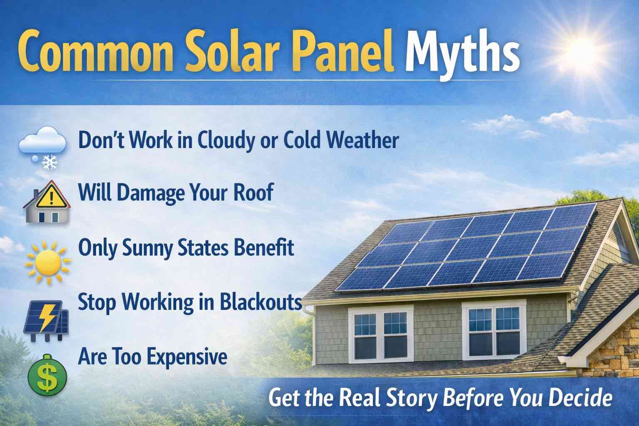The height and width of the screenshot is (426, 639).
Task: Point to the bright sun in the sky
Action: coord(580,47)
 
